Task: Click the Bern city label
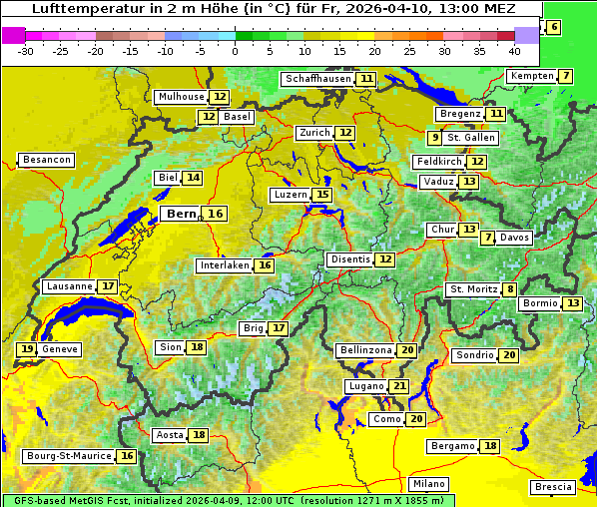tap(182, 214)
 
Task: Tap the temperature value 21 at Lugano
tap(399, 386)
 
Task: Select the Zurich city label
tap(313, 133)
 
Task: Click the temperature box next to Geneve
tap(26, 349)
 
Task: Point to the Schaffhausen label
tap(318, 79)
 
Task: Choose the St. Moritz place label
tap(473, 289)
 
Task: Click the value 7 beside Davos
tap(487, 238)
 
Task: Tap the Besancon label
tap(47, 160)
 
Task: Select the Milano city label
tap(429, 484)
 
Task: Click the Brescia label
tap(553, 487)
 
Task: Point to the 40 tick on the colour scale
tap(514, 51)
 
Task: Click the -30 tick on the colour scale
tap(26, 51)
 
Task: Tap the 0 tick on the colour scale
tap(235, 51)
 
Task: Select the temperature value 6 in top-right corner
tap(554, 27)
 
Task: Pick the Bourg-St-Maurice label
tap(68, 456)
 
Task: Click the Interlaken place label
tap(224, 265)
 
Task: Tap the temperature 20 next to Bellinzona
tap(406, 350)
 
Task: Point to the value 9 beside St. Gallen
tap(434, 138)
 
